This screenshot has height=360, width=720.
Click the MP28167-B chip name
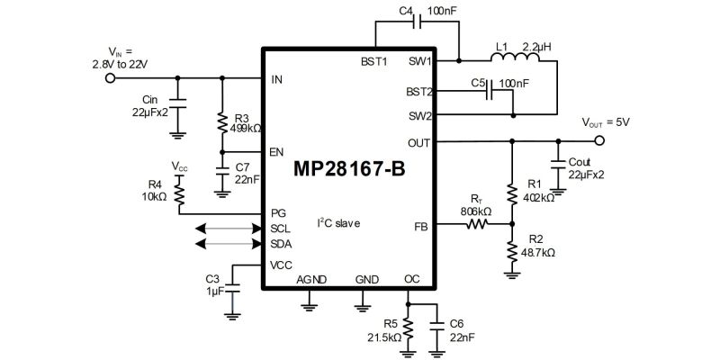tap(349, 169)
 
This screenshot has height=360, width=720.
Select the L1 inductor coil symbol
tap(515, 57)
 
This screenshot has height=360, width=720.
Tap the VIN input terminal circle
tap(110, 78)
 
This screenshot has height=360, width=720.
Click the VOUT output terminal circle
tap(598, 141)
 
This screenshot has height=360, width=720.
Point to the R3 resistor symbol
tap(222, 121)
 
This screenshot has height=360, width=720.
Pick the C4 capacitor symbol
tap(417, 22)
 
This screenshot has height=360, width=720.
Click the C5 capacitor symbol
tap(489, 90)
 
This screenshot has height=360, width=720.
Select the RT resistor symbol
tap(478, 224)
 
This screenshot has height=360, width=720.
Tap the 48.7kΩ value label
tap(537, 253)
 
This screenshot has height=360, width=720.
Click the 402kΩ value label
tap(538, 198)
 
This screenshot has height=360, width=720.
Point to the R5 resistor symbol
tap(408, 328)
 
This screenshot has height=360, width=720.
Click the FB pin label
tap(421, 227)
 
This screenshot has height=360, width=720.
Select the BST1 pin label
tap(374, 62)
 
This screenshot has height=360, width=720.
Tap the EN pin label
tap(277, 152)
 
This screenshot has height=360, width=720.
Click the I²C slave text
tap(339, 223)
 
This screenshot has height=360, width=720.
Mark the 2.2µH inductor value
tap(536, 47)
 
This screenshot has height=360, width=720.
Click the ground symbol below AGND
tap(309, 306)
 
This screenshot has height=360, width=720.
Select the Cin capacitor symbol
tap(177, 103)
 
